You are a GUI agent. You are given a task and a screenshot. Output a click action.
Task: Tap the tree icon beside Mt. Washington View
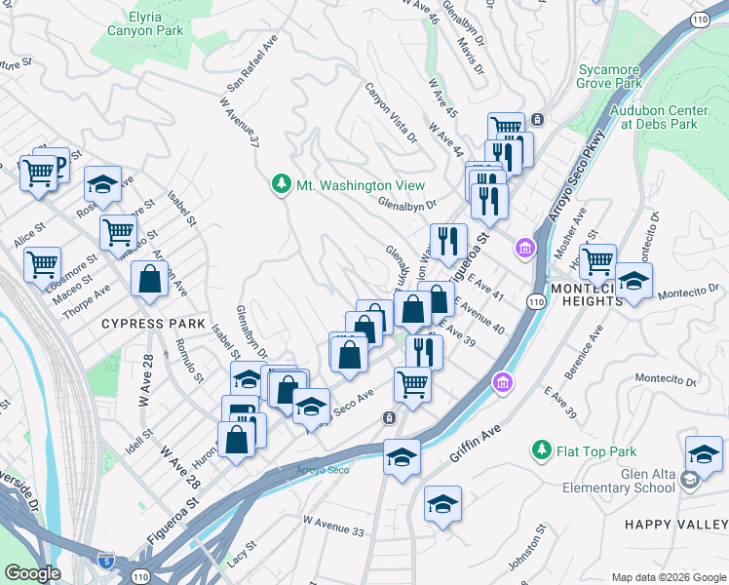[x=281, y=185]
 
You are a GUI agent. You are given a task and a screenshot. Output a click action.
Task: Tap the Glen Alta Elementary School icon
[x=689, y=481]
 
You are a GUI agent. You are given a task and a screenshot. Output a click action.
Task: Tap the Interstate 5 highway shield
[x=106, y=563]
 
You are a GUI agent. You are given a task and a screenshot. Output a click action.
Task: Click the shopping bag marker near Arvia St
[x=149, y=279]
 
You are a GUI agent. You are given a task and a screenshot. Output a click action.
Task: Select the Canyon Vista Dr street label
[x=391, y=110]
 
